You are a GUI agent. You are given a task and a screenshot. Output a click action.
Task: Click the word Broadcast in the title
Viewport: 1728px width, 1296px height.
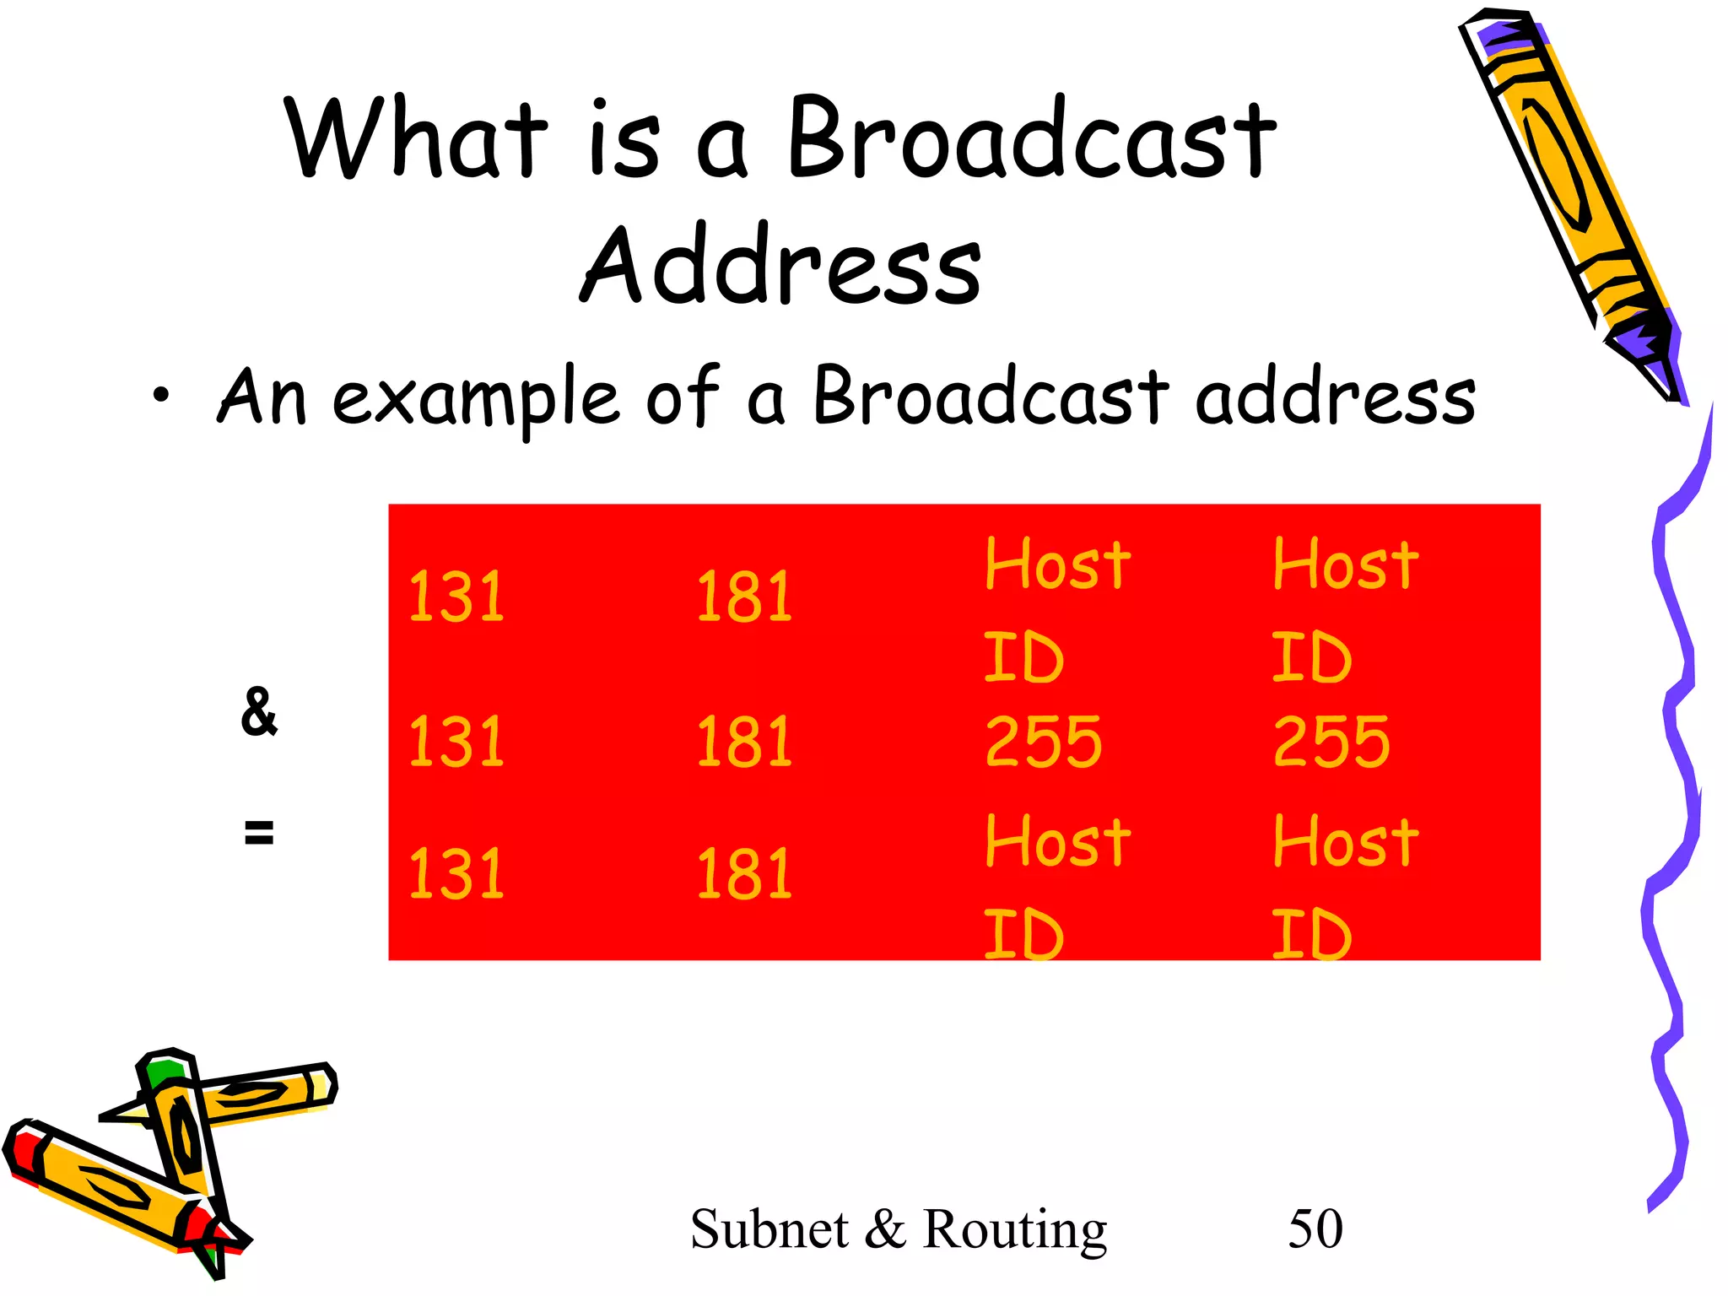[x=1031, y=139]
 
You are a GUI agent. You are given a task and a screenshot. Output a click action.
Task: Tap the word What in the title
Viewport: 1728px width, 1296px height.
[x=416, y=139]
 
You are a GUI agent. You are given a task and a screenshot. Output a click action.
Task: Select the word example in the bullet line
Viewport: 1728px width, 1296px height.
[x=477, y=399]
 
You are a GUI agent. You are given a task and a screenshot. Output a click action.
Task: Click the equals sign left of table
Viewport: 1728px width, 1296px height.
[x=259, y=833]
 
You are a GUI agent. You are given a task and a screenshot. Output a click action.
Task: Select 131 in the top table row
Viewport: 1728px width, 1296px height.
[x=456, y=597]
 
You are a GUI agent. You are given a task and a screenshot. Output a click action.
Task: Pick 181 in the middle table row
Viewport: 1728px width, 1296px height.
[x=744, y=742]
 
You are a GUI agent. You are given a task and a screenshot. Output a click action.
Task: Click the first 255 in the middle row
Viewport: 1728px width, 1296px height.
[x=1044, y=742]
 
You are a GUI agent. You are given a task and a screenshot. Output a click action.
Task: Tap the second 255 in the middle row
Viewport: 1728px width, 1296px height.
[x=1331, y=742]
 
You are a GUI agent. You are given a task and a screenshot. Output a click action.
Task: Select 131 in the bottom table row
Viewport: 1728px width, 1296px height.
[x=456, y=873]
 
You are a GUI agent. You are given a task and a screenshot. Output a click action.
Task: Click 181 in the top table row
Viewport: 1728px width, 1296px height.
[x=744, y=597]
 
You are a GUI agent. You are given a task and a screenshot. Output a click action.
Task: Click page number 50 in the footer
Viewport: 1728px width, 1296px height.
[x=1315, y=1229]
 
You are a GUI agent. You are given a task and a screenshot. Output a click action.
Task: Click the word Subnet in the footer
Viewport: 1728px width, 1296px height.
[x=769, y=1229]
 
